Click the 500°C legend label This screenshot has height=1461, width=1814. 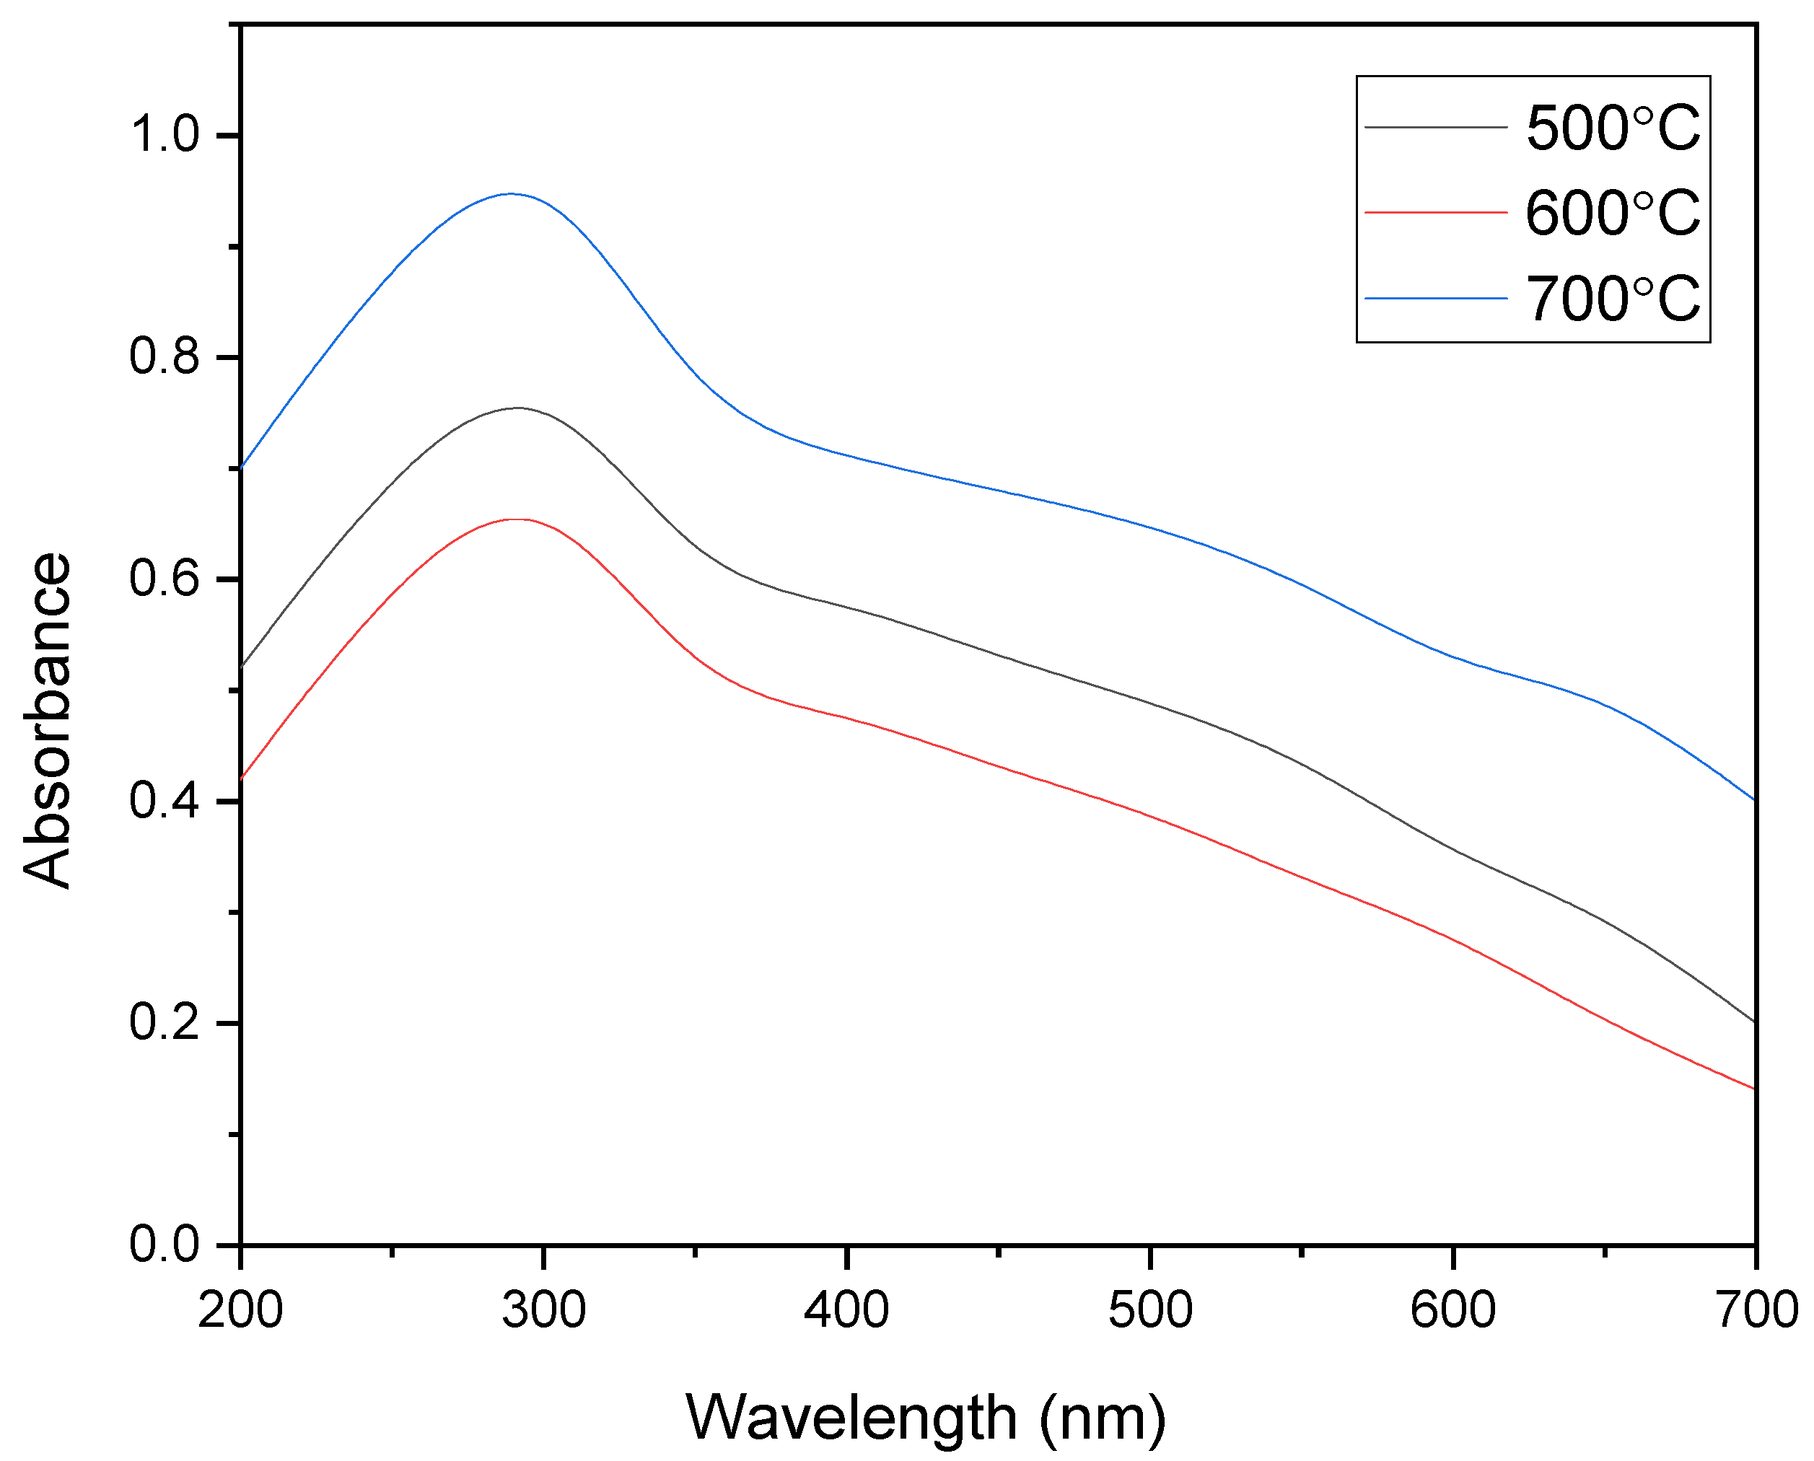[x=1613, y=128]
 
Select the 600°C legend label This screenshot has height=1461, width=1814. [x=1613, y=213]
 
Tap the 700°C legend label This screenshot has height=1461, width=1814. [x=1613, y=299]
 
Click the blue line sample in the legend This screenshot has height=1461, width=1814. [x=1435, y=298]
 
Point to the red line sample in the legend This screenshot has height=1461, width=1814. [x=1435, y=213]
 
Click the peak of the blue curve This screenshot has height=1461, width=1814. [x=510, y=193]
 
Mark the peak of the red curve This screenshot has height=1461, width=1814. [x=515, y=519]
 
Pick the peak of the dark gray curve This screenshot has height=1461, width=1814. [x=517, y=408]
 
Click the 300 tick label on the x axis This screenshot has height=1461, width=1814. [x=544, y=1310]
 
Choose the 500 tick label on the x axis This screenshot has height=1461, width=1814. [x=1150, y=1310]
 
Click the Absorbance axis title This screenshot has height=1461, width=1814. [x=47, y=721]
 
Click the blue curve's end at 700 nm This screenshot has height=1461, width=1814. [x=1754, y=799]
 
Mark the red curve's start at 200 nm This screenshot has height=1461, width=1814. [x=242, y=778]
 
